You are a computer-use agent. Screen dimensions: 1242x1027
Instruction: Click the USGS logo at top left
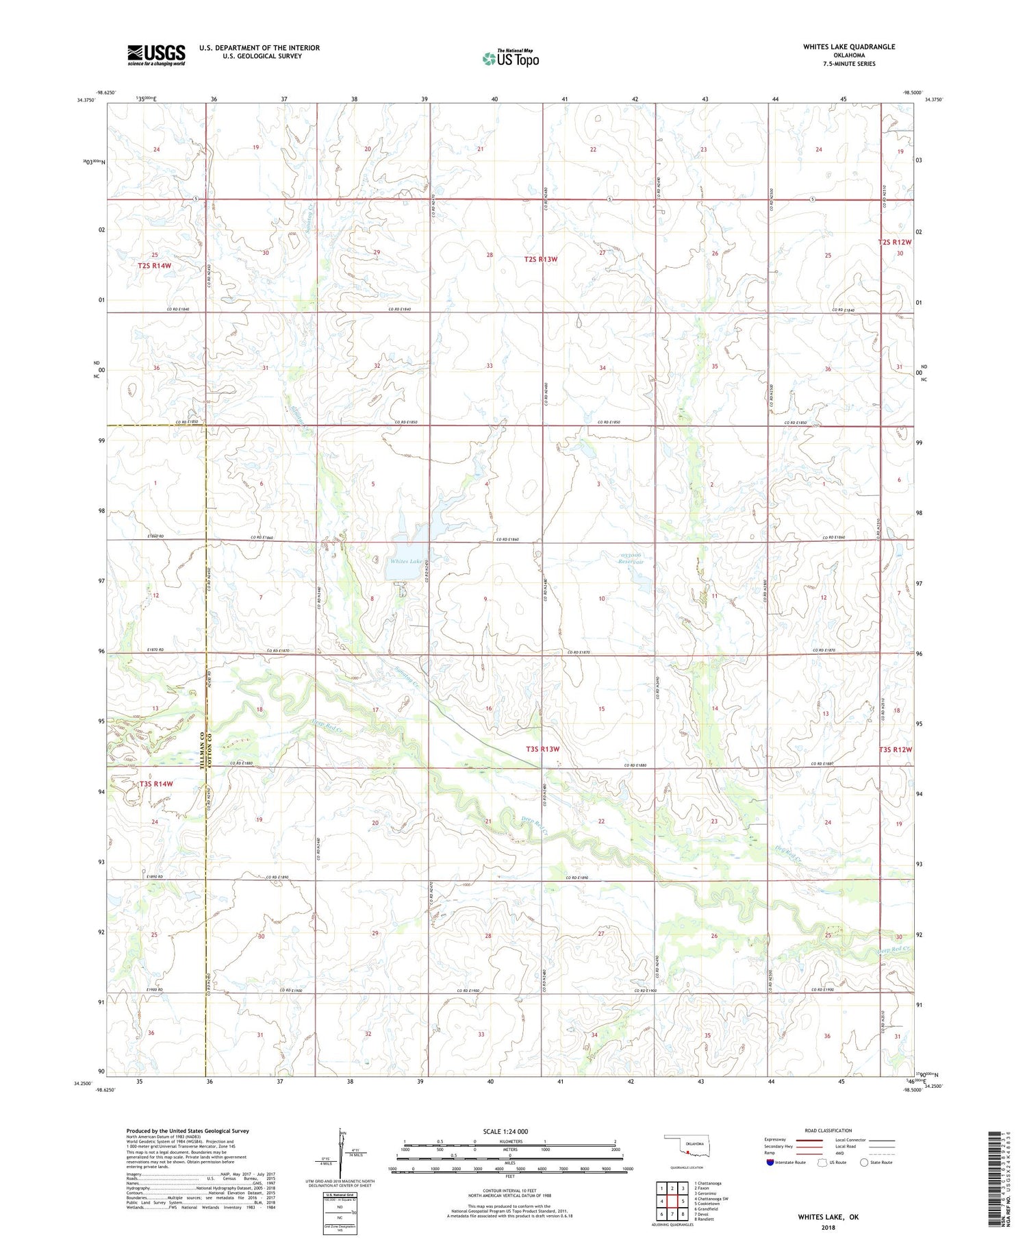point(156,55)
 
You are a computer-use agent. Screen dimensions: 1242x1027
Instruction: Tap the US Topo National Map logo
point(510,58)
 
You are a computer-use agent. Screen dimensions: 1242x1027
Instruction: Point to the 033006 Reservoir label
point(631,558)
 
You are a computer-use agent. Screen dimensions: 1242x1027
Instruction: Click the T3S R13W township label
point(542,749)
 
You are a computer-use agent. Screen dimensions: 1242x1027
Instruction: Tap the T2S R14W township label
point(155,265)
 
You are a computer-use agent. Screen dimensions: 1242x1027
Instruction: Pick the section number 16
point(489,708)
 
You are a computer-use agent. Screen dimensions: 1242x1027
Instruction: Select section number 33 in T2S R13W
point(490,366)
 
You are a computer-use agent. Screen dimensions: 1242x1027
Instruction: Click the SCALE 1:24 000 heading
point(505,1131)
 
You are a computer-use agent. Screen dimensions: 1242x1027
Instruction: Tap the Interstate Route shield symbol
point(770,1162)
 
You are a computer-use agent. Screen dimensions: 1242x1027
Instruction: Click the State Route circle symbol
point(864,1162)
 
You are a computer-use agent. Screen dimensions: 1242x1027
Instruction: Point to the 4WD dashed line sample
point(883,1153)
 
